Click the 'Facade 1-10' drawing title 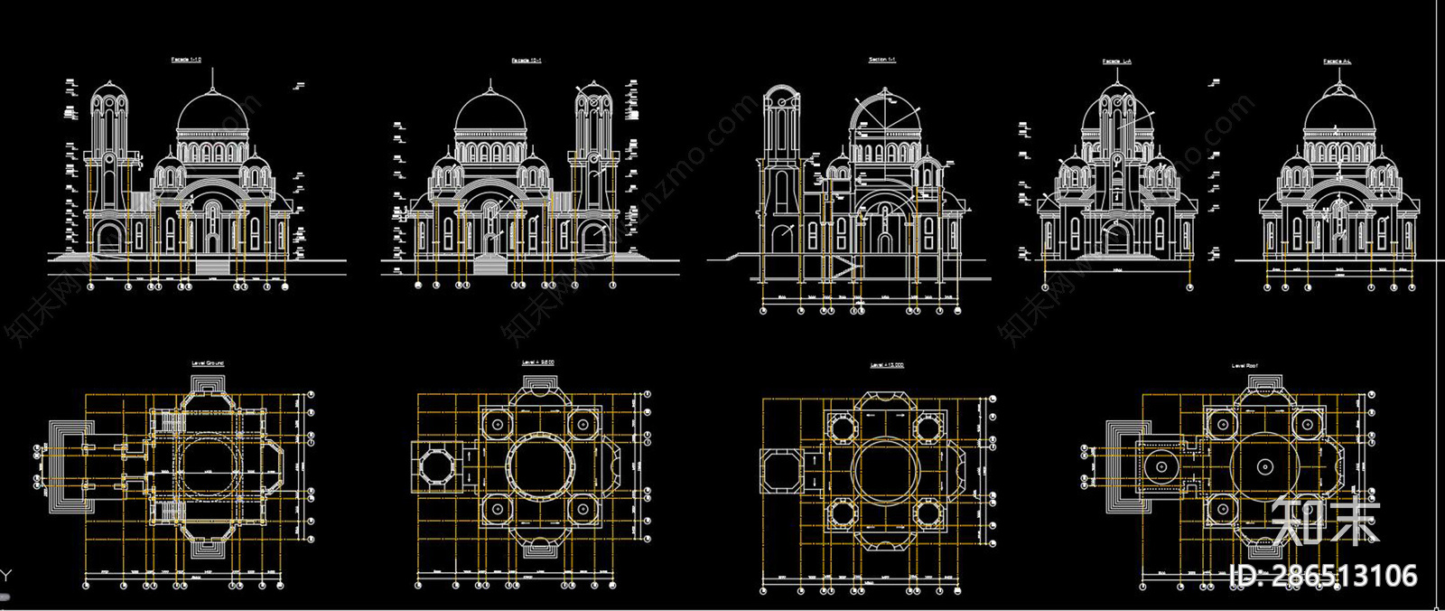coord(186,60)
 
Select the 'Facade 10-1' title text coord(527,61)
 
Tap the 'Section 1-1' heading coord(882,61)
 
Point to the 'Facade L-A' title coord(1116,61)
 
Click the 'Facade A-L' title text coord(1338,61)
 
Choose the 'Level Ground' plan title coord(208,363)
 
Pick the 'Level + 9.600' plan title coord(538,363)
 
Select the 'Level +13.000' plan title coord(887,366)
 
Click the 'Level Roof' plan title coord(1245,366)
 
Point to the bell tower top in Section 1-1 coord(779,94)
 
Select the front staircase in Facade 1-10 coord(214,266)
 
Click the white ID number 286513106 coord(1324,576)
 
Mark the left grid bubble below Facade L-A coord(1045,287)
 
